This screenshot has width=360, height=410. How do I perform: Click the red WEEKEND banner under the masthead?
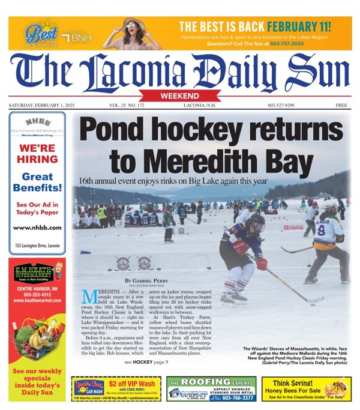180,96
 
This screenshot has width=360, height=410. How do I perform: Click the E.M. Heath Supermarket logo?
37,273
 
